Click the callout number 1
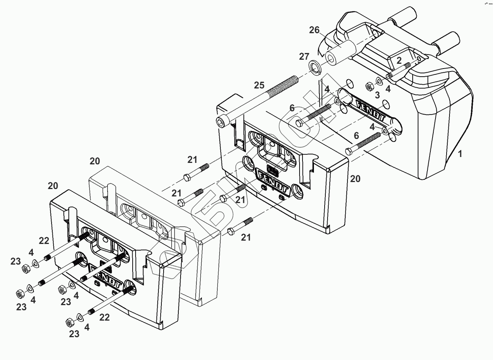point(460,154)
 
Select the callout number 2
point(399,60)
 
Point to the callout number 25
point(259,85)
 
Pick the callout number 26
point(314,30)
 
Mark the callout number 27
point(304,57)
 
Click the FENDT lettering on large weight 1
point(368,107)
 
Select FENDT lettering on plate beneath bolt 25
point(273,179)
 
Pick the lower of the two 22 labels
point(104,317)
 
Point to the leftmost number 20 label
point(53,186)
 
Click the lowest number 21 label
point(246,238)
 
